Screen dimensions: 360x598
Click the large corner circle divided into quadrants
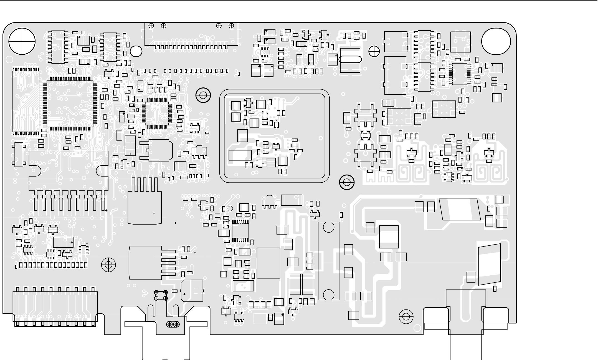(22, 41)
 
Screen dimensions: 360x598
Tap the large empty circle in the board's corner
(496, 41)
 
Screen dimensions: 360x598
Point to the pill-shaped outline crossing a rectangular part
(350, 60)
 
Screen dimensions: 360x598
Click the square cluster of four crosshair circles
(161, 295)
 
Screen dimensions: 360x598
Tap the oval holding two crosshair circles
(173, 324)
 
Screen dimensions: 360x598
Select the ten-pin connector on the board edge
(55, 308)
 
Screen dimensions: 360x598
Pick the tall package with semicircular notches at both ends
(329, 261)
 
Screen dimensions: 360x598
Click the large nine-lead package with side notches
(69, 178)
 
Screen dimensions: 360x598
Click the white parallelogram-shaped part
(460, 209)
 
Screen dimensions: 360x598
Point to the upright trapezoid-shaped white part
(490, 264)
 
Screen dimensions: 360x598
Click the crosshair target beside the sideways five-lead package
(108, 265)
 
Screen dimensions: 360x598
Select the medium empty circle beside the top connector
(136, 51)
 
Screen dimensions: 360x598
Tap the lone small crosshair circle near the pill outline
(374, 51)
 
